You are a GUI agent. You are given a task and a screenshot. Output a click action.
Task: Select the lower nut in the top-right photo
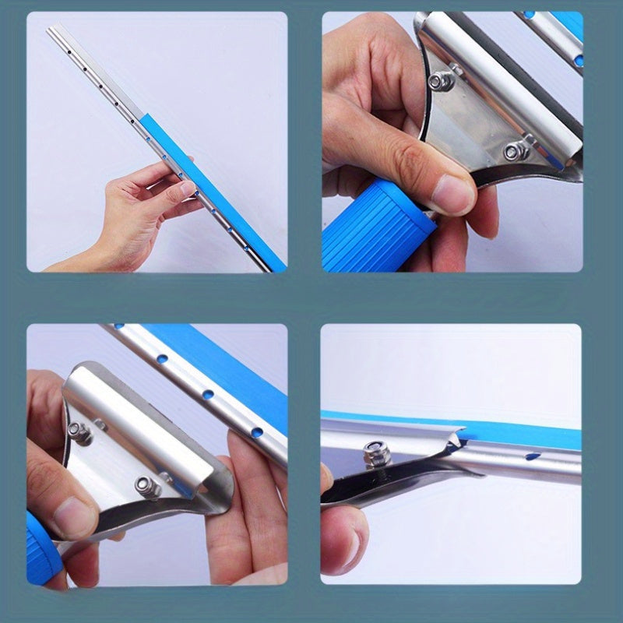512,151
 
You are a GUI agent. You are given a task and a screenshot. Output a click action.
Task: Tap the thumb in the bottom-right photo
343,537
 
